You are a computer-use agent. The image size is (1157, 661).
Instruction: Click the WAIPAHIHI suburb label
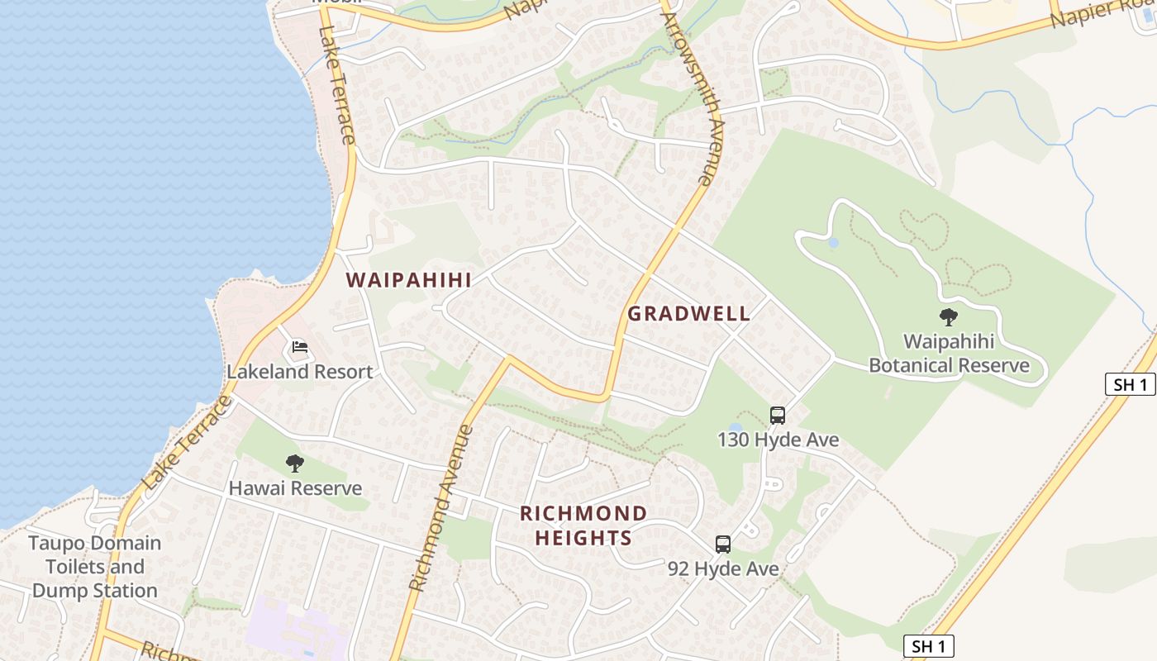coord(409,280)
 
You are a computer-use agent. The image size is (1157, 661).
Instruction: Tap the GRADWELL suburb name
coord(688,314)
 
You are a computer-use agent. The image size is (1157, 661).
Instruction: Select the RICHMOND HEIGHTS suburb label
coord(583,525)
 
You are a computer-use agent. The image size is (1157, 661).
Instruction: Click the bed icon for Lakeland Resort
coord(300,347)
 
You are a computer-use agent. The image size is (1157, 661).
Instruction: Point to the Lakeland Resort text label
coord(300,372)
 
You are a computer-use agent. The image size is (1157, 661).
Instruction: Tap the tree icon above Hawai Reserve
coord(295,464)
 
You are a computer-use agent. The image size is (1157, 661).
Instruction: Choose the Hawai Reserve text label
coord(295,488)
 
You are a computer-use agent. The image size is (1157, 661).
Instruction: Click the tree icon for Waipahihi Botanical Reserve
coord(949,316)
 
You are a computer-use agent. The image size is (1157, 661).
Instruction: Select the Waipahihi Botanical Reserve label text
coord(949,353)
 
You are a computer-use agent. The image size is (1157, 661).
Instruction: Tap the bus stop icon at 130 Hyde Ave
coord(778,415)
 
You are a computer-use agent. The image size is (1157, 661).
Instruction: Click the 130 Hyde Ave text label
coord(778,440)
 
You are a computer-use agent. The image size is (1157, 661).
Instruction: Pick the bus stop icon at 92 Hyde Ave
coord(723,544)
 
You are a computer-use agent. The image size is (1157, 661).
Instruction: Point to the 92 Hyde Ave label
coord(723,569)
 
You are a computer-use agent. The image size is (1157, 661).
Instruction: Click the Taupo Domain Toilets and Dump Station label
coord(95,567)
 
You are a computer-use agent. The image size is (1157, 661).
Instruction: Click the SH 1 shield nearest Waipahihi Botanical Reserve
coord(1130,384)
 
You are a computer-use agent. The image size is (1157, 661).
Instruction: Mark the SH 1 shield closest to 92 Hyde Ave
coord(929,646)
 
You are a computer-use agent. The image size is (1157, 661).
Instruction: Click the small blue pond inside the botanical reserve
coord(833,243)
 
